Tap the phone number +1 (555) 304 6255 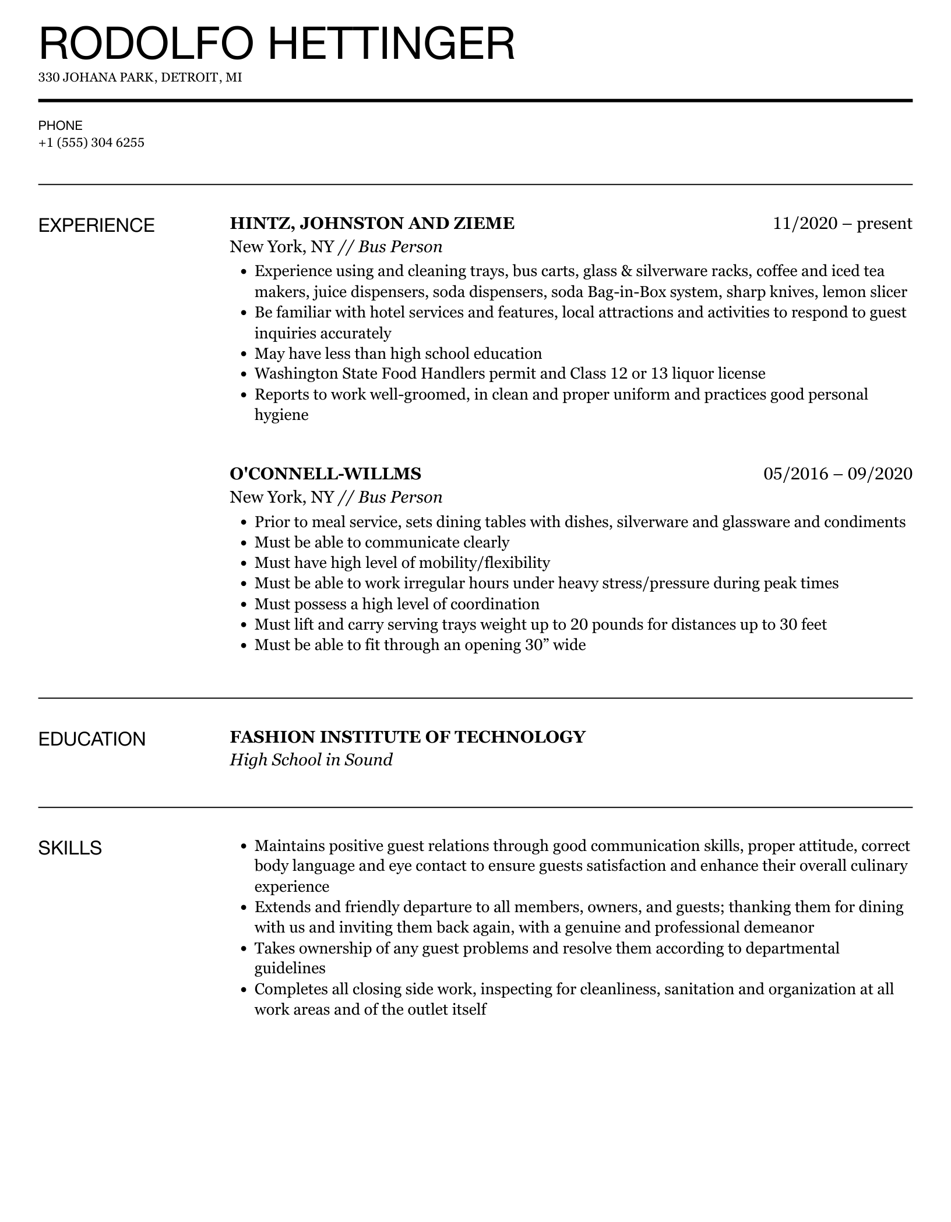91,143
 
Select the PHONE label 60,125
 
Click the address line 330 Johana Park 140,77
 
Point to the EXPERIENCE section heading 96,225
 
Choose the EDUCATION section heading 91,739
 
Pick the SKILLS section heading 70,848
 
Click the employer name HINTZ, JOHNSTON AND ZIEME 372,224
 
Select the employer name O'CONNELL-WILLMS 325,474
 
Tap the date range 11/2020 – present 842,224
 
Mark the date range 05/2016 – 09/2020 837,474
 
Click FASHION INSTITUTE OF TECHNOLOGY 407,737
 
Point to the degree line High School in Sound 311,760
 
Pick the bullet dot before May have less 244,354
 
